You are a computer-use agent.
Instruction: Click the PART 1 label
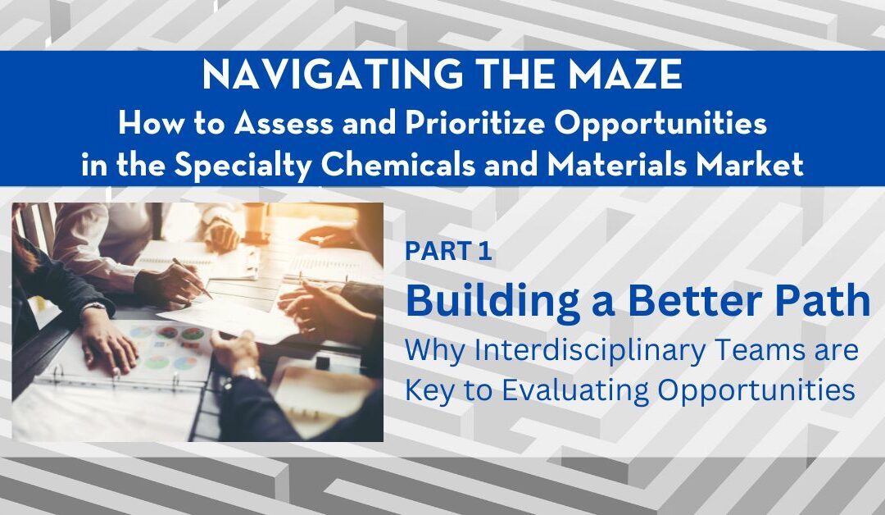pyautogui.click(x=449, y=253)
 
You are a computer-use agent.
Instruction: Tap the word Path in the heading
pyautogui.click(x=826, y=301)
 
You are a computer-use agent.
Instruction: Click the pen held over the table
pyautogui.click(x=192, y=278)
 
